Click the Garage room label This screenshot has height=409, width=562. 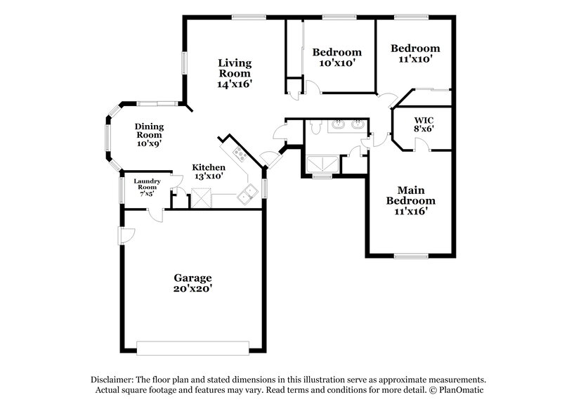click(x=192, y=278)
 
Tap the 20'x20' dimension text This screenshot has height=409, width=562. click(x=192, y=289)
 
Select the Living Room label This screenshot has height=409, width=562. click(x=234, y=67)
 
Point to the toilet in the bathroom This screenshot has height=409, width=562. click(x=315, y=128)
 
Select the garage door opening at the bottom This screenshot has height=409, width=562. click(x=192, y=348)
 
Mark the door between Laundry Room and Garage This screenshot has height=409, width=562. click(x=156, y=214)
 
